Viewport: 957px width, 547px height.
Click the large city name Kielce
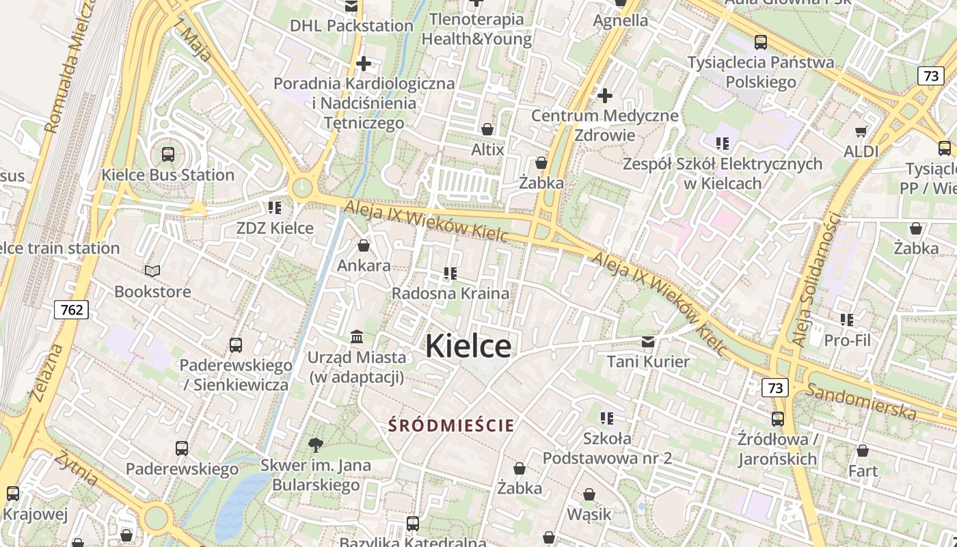(468, 346)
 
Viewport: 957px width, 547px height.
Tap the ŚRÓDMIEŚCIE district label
(451, 425)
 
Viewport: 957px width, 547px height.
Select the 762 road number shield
(72, 310)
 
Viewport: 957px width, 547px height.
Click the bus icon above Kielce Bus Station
(168, 155)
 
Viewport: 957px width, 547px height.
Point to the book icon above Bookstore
(152, 271)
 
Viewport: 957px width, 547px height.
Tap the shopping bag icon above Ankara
(364, 245)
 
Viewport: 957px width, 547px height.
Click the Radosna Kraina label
(450, 293)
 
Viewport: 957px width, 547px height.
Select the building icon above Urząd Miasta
(357, 336)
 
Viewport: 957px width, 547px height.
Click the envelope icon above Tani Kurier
(648, 341)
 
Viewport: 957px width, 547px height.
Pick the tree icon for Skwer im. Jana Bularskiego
(316, 445)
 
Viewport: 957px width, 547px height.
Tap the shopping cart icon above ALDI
(861, 131)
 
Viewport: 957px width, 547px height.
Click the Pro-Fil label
(848, 340)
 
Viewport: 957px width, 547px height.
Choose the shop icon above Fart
(863, 451)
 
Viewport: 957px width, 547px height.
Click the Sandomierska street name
(861, 401)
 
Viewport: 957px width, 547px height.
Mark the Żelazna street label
(46, 372)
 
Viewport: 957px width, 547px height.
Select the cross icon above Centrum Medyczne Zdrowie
(605, 95)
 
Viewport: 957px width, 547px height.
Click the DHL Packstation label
(351, 26)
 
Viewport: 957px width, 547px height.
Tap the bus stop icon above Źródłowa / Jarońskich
(778, 418)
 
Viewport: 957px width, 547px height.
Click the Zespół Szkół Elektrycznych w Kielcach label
(722, 174)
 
